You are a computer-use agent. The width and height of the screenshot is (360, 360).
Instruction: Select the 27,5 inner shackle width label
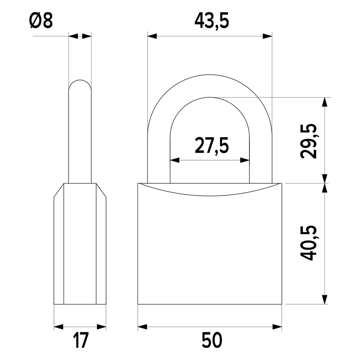211,145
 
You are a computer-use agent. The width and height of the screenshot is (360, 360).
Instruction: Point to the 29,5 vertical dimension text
309,141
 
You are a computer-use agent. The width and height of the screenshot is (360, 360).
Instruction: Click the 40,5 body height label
309,243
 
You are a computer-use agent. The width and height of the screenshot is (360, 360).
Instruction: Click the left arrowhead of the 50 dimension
142,327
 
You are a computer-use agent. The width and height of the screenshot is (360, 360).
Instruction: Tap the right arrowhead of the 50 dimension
277,327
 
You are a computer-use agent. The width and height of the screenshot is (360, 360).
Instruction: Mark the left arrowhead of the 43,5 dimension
152,36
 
